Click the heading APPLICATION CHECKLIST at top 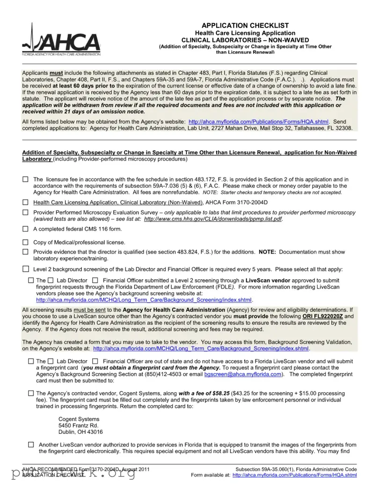(245, 25)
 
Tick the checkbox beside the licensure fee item (25, 179)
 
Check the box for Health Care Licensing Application (25, 202)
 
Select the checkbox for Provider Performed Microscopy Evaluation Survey (25, 212)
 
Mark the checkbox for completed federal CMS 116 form (25, 229)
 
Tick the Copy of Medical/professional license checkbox (25, 242)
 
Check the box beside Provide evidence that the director (25, 252)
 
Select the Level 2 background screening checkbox (25, 269)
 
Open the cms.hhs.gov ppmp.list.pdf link (213, 219)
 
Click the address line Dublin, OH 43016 (80, 431)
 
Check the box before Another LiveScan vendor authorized (31, 445)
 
